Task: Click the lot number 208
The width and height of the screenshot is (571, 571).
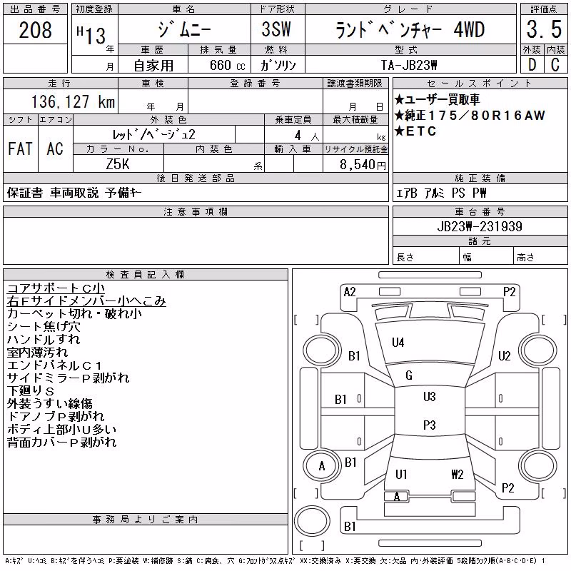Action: tap(35, 30)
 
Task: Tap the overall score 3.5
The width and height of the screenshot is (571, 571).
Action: tap(544, 29)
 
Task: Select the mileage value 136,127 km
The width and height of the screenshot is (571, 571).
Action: tap(74, 101)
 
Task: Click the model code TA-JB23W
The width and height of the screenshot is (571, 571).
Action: tap(409, 65)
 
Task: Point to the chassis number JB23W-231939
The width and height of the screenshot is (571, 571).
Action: tap(480, 226)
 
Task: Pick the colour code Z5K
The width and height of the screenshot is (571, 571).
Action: tap(118, 164)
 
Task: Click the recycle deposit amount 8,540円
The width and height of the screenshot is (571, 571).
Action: tap(363, 165)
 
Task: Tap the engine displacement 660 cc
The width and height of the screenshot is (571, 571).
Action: tap(228, 65)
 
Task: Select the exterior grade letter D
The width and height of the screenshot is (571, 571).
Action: tap(532, 65)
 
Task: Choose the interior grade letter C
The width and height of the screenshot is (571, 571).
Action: tap(555, 65)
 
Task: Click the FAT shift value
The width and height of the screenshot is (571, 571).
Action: tap(21, 148)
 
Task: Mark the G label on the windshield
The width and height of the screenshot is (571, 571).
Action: tap(409, 375)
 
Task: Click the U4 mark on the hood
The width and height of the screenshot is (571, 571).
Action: tap(398, 343)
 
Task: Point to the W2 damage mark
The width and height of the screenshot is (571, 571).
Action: tap(458, 474)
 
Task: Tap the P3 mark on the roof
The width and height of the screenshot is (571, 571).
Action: tap(430, 425)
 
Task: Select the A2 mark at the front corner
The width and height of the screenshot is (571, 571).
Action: tap(350, 292)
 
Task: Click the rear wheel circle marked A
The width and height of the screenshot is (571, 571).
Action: tap(322, 466)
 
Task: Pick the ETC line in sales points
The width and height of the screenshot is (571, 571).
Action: tap(415, 131)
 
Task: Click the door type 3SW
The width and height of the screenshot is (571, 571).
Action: tap(276, 29)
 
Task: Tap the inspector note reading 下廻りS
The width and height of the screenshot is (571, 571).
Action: tap(31, 390)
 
